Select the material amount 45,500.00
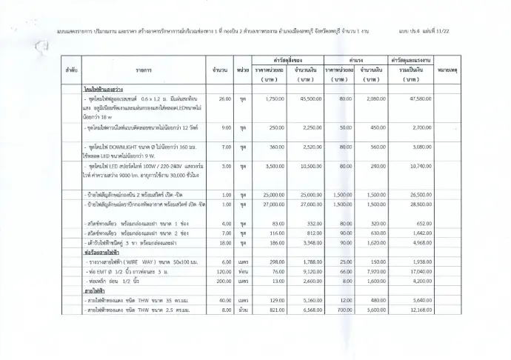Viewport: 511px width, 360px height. click(x=306, y=98)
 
